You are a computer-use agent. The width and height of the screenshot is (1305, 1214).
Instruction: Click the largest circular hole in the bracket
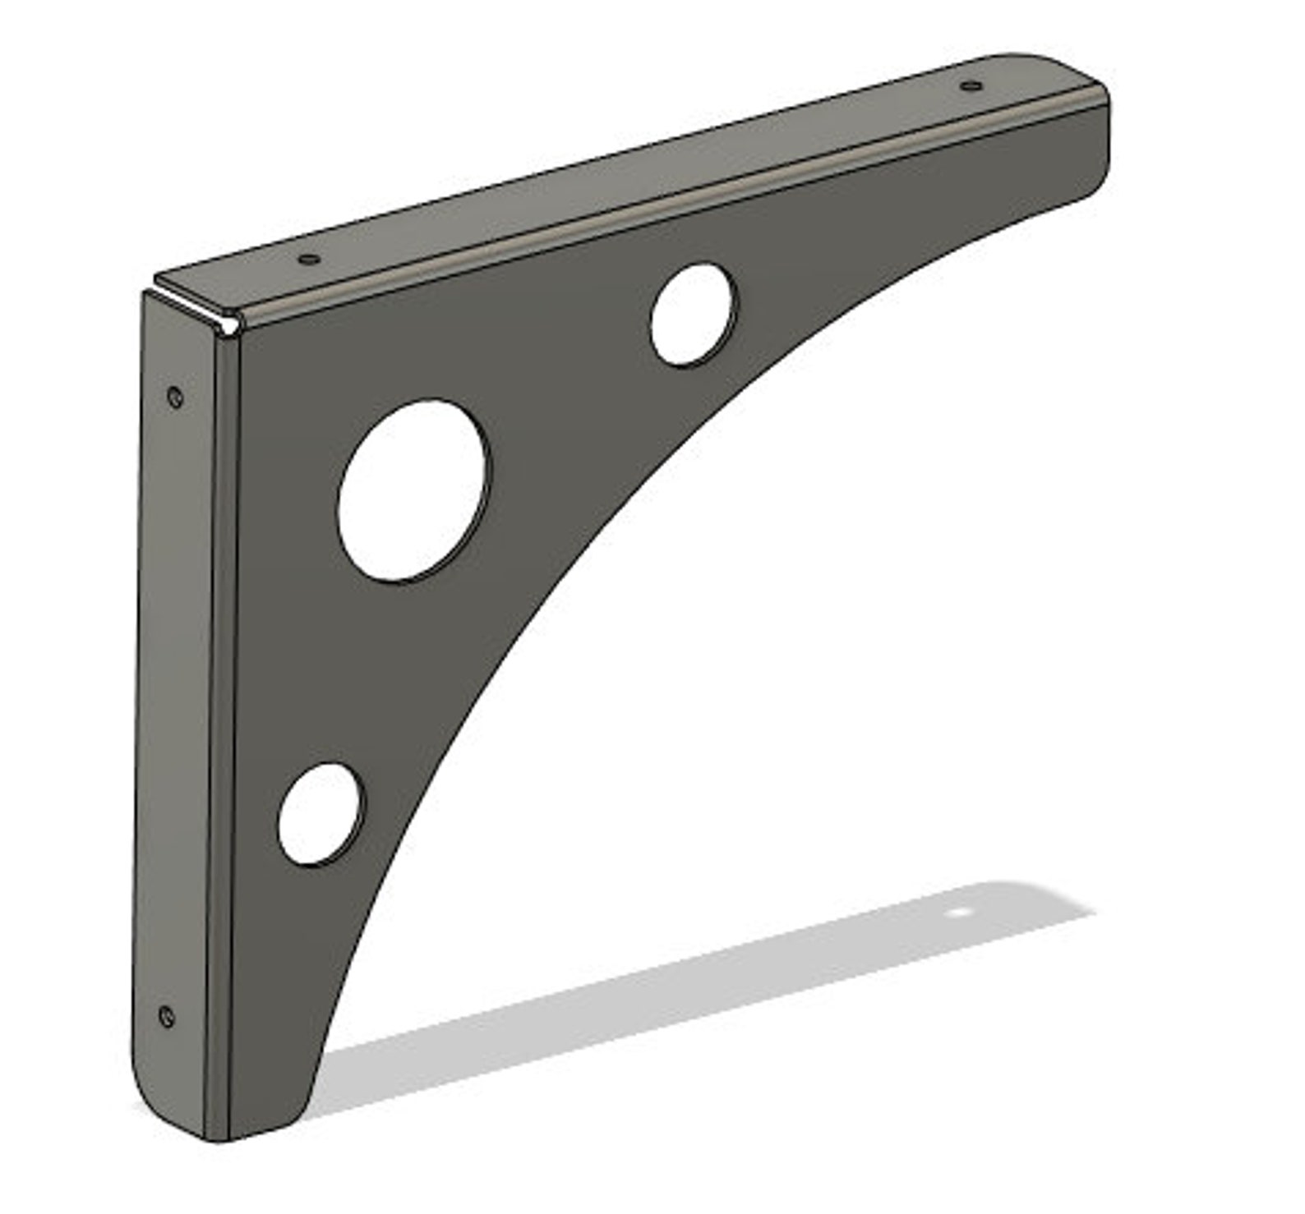pyautogui.click(x=414, y=491)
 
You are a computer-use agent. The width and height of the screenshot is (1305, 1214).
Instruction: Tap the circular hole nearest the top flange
pyautogui.click(x=693, y=315)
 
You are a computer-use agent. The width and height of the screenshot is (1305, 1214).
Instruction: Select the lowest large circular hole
pyautogui.click(x=320, y=814)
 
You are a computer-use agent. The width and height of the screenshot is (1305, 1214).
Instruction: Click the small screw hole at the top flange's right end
pyautogui.click(x=971, y=85)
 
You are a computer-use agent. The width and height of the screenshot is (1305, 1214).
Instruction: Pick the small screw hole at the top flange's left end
pyautogui.click(x=309, y=259)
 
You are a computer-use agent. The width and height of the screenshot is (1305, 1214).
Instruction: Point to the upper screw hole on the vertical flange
pyautogui.click(x=173, y=398)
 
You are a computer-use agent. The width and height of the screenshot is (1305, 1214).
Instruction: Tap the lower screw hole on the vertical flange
pyautogui.click(x=167, y=1016)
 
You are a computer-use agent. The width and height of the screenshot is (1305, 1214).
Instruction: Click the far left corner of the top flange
pyautogui.click(x=158, y=279)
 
